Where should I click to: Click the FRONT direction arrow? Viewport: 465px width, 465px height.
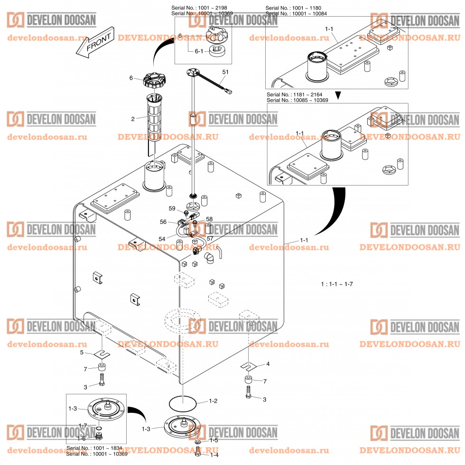95,44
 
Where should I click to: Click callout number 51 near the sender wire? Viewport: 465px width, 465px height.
225,72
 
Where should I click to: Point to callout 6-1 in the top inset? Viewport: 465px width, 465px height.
199,51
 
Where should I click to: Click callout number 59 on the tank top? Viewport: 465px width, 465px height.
172,208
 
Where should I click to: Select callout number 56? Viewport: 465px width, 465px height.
163,222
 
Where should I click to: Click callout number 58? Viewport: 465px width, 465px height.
209,219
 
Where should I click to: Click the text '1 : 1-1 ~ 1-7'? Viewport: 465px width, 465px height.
337,284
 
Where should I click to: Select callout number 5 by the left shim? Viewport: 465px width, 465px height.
82,353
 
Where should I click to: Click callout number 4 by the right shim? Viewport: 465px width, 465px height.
268,364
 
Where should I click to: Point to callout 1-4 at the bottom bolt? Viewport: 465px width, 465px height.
214,454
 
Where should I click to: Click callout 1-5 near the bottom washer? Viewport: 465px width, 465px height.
214,440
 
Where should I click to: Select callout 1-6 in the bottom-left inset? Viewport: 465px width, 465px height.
82,438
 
